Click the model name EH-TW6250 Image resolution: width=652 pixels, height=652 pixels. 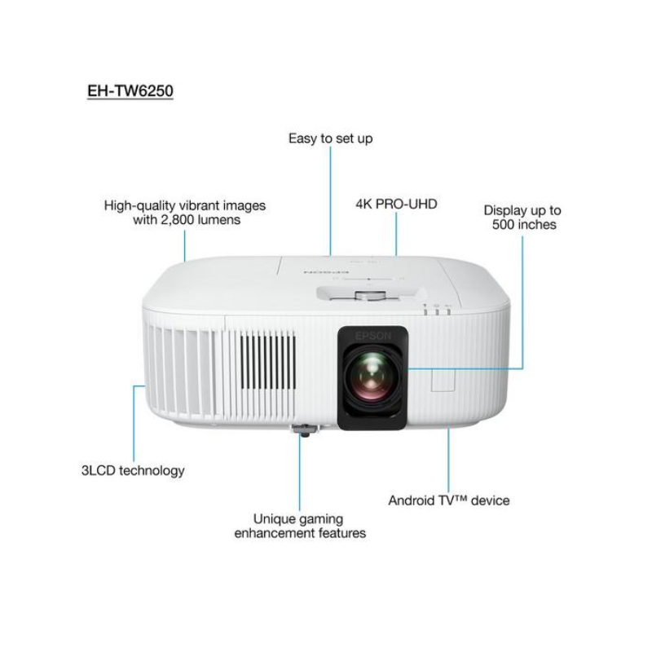(x=130, y=90)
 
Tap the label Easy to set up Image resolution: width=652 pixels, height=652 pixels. (x=331, y=138)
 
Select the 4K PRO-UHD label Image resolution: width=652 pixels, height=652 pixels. (x=396, y=204)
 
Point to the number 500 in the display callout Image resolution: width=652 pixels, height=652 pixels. (x=504, y=225)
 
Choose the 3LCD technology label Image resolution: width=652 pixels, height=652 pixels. (x=133, y=470)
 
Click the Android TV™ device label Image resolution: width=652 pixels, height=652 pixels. (x=449, y=500)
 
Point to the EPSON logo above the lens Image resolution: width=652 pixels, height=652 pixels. (x=373, y=336)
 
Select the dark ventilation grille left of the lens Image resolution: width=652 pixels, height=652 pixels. (x=269, y=362)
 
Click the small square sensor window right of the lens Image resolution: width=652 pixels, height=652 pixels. (x=443, y=380)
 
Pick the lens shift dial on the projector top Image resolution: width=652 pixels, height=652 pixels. (x=371, y=295)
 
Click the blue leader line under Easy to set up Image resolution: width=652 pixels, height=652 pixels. (x=331, y=200)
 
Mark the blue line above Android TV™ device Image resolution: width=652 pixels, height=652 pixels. (x=449, y=460)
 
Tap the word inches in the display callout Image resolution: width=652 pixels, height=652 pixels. (x=537, y=225)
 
